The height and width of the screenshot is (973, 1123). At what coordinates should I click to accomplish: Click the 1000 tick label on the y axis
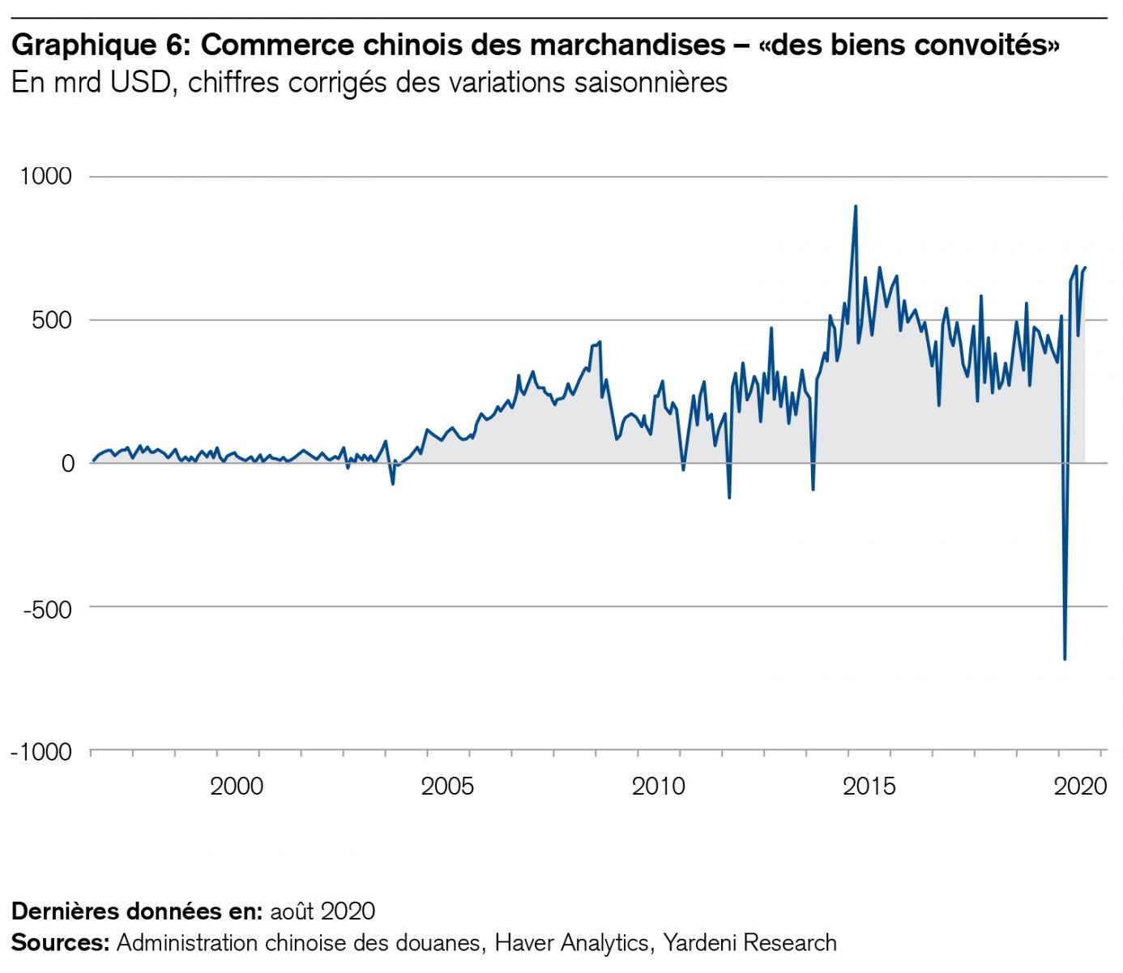pos(45,176)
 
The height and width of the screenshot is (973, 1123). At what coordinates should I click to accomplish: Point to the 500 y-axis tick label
pos(52,319)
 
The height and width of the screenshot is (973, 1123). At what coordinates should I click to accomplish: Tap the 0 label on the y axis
pos(67,463)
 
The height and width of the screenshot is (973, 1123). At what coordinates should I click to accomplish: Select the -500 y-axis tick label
pos(47,607)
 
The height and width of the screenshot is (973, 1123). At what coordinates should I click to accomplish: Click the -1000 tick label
pos(41,752)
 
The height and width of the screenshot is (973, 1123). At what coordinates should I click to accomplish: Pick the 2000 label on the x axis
pos(237,786)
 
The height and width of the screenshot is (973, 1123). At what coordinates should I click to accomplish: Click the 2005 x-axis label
pos(447,786)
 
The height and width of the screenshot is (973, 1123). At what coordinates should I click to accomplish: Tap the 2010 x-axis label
pos(658,786)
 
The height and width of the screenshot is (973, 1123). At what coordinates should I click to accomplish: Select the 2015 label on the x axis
pos(869,786)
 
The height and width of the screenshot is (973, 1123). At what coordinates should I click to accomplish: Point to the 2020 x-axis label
pos(1079,786)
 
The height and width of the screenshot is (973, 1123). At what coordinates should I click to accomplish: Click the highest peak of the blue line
pos(855,207)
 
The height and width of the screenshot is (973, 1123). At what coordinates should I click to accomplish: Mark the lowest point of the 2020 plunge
pos(1065,658)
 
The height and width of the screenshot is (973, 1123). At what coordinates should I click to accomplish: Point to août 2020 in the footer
pos(322,911)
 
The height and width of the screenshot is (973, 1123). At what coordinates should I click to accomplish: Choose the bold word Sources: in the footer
pos(60,942)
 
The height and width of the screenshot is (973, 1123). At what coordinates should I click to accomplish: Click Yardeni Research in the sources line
pos(749,942)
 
